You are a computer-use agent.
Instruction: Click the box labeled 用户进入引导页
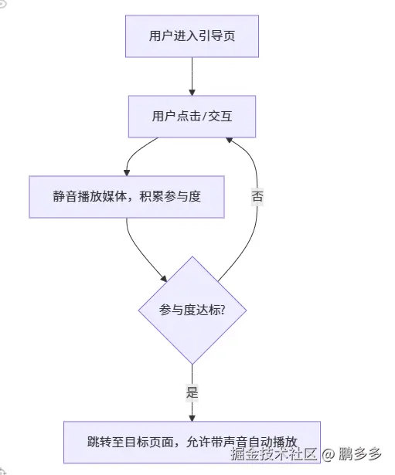pos(191,36)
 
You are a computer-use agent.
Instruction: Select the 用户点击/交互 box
pos(192,117)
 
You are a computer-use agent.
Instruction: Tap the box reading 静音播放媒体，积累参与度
pos(127,196)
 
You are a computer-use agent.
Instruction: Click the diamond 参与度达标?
pos(192,310)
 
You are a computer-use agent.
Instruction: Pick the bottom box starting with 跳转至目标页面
pos(192,443)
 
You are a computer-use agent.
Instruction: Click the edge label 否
pos(257,196)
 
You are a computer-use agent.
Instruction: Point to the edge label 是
pos(192,392)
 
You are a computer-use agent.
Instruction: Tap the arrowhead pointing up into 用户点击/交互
pos(230,141)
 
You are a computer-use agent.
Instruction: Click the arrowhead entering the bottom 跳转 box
pos(192,417)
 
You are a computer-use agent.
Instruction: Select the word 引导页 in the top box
pos(217,36)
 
